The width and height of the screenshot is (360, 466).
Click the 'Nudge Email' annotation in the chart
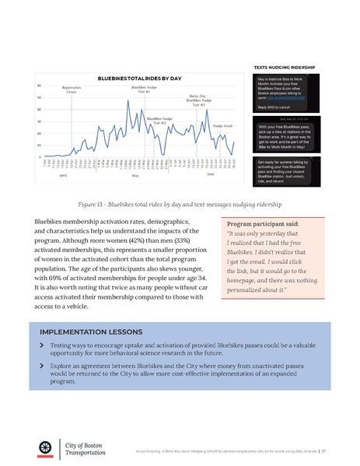pyautogui.click(x=223, y=125)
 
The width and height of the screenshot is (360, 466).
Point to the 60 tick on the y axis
pyautogui.click(x=40, y=85)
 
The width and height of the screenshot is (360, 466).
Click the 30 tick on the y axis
pyautogui.click(x=40, y=121)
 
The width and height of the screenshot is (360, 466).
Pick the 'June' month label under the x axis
pyautogui.click(x=210, y=174)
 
